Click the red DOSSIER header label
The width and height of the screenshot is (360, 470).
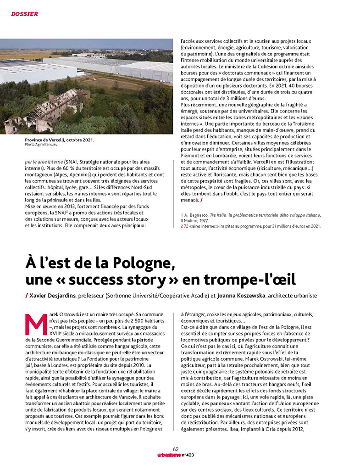click(x=24, y=14)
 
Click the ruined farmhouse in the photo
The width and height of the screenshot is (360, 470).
click(x=46, y=110)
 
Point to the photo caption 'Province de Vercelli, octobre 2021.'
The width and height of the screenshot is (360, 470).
click(x=59, y=140)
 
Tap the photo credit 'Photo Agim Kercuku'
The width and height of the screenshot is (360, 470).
click(x=40, y=145)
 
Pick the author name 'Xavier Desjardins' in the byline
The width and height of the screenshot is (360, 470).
click(x=51, y=296)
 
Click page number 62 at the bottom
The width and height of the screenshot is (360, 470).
click(x=176, y=449)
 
